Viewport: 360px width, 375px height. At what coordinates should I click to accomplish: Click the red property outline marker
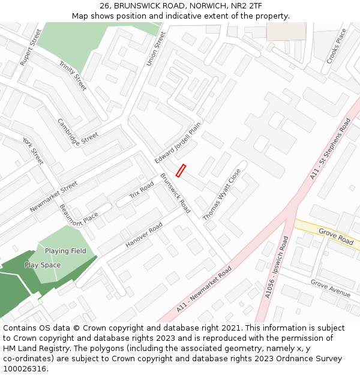pyautogui.click(x=181, y=170)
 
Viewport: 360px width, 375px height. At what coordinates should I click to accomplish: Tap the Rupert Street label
pyautogui.click(x=29, y=47)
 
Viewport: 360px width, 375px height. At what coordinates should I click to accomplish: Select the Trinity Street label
pyautogui.click(x=73, y=76)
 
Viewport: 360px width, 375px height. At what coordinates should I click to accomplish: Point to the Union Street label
pyautogui.click(x=155, y=49)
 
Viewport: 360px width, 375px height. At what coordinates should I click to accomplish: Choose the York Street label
pyautogui.click(x=33, y=151)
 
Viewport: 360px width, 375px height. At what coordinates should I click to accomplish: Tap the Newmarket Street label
pyautogui.click(x=54, y=196)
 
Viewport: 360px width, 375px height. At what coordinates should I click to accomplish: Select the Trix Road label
pyautogui.click(x=142, y=190)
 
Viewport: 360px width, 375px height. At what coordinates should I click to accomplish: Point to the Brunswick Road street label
pyautogui.click(x=175, y=193)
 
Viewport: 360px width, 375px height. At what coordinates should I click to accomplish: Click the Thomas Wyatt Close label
pyautogui.click(x=222, y=194)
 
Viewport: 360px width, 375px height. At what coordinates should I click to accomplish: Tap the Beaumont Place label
pyautogui.click(x=79, y=215)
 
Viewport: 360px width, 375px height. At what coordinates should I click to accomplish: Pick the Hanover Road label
pyautogui.click(x=144, y=235)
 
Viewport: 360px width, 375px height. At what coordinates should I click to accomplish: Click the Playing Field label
pyautogui.click(x=65, y=251)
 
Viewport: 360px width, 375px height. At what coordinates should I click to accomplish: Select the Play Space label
pyautogui.click(x=43, y=265)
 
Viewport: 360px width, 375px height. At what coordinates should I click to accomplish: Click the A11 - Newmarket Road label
pyautogui.click(x=204, y=290)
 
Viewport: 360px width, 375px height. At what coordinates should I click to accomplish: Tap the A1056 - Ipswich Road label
pyautogui.click(x=277, y=266)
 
